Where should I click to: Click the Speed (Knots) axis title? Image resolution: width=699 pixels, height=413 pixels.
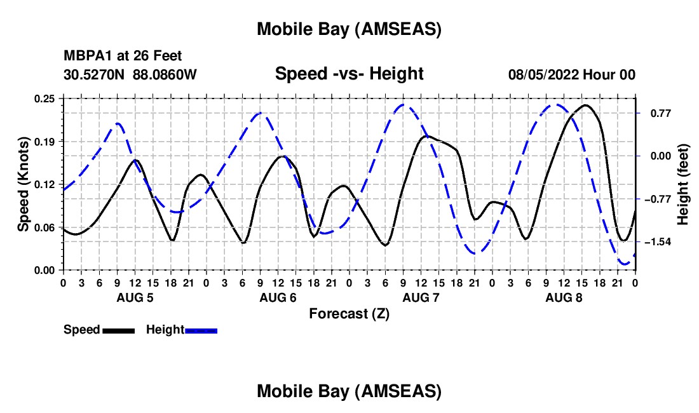point(24,184)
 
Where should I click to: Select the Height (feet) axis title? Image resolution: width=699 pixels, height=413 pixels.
point(684,184)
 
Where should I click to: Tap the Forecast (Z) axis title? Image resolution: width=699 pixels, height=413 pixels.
point(349,313)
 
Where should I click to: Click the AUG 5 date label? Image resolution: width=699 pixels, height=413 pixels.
point(135,297)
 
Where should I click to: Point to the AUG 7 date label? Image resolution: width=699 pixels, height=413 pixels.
point(421,297)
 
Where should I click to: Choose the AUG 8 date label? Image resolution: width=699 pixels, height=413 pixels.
point(564,297)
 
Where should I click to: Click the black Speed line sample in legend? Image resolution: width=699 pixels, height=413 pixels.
point(118,330)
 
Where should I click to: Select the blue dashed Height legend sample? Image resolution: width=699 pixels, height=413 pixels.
point(201,330)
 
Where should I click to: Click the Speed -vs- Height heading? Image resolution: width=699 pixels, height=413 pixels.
point(349,74)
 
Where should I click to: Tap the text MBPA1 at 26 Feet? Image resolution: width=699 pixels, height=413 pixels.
point(123,57)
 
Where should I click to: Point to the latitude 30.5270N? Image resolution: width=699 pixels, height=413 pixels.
point(95,74)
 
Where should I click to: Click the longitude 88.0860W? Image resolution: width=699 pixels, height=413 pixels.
point(165,74)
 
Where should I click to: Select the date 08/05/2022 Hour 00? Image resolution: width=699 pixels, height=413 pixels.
point(571,74)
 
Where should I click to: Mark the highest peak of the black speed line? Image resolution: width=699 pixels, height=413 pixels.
point(585,105)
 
